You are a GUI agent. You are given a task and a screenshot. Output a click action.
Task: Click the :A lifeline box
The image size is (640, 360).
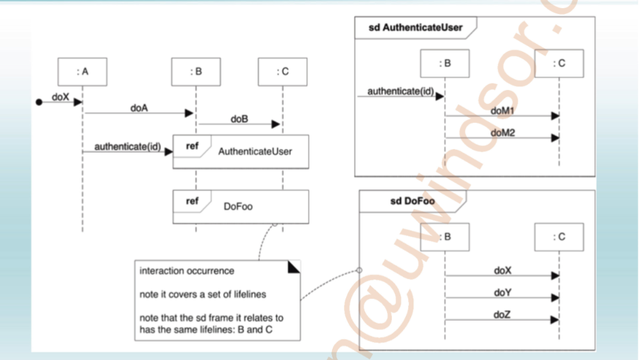tap(83, 72)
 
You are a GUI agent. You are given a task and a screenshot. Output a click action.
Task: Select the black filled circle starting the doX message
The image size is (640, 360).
tap(39, 102)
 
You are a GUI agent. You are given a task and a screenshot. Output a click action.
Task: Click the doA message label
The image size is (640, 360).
tap(139, 108)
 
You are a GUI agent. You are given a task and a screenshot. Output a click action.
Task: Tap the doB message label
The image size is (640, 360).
tap(239, 119)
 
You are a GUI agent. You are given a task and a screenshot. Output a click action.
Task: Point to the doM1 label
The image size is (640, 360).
tap(502, 110)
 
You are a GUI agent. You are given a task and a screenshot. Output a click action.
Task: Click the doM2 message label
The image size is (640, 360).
tap(502, 133)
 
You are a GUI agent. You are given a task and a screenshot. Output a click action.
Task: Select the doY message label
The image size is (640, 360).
tap(502, 292)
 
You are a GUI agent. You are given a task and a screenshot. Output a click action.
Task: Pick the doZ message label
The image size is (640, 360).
tap(502, 315)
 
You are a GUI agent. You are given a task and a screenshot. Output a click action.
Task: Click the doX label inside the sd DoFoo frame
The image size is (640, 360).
tap(502, 270)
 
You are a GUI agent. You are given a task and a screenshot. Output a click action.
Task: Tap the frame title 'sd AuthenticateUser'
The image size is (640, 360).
tap(415, 28)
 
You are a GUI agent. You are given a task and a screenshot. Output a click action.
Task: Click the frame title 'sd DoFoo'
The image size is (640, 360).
tap(412, 201)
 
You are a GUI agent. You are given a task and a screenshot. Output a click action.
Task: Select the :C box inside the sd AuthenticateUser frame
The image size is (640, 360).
tap(559, 63)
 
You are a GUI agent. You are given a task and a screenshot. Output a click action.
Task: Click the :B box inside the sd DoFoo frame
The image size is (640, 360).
tap(445, 237)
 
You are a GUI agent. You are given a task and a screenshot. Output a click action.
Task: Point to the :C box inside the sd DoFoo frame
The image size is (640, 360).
tap(559, 237)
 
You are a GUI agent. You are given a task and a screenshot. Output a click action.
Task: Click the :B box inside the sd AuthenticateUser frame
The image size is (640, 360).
tap(445, 63)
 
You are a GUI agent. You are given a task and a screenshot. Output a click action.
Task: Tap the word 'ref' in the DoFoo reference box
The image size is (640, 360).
tap(192, 201)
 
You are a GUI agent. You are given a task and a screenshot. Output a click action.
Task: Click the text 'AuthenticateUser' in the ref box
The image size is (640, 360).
tap(255, 152)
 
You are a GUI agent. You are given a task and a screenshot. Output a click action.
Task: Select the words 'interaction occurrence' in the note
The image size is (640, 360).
tap(187, 271)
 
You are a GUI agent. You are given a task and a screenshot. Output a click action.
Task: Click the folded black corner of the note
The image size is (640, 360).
tap(294, 267)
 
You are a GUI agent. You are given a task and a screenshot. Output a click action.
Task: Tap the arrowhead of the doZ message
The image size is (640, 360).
tap(555, 320)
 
